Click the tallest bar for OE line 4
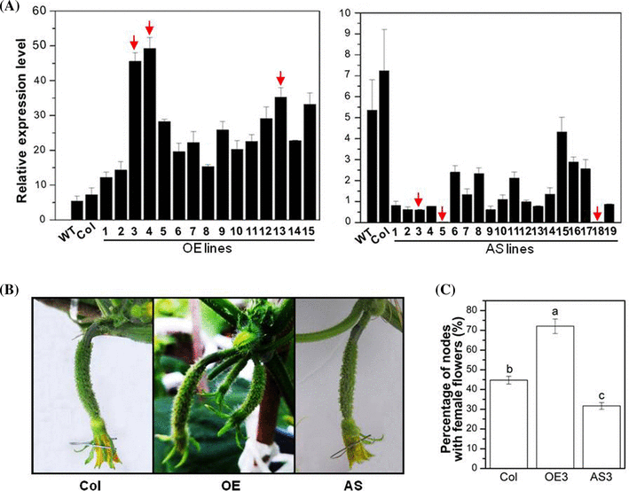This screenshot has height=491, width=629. (150, 133)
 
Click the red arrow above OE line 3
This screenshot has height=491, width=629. (134, 42)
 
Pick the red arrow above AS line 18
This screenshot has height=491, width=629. (597, 212)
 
